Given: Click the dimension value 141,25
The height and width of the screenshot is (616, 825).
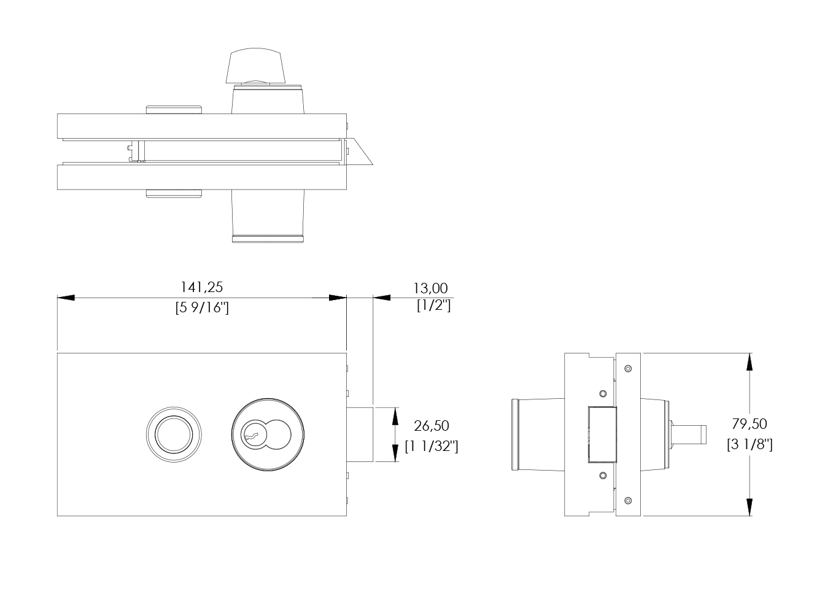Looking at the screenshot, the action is click(202, 287).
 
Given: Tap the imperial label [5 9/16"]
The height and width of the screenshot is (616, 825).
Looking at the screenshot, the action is click(202, 307).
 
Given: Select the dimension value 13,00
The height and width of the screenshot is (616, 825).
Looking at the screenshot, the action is click(430, 288).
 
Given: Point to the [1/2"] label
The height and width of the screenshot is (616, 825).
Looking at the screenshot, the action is click(434, 306).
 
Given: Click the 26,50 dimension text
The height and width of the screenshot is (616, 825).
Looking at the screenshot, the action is click(432, 426).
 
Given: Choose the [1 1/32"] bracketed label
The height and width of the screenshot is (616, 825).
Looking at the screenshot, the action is click(432, 446).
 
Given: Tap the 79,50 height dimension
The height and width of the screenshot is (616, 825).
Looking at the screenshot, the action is click(749, 424).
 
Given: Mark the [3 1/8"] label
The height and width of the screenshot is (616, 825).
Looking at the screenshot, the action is click(749, 444).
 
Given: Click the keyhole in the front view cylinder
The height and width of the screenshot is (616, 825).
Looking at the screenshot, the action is click(254, 434).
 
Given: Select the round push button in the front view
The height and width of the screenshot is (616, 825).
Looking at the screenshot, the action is click(174, 434).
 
